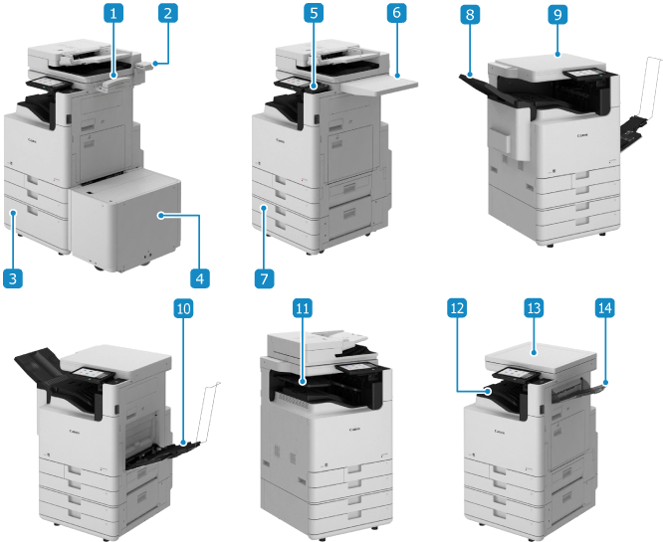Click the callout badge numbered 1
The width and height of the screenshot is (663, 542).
(x=113, y=13)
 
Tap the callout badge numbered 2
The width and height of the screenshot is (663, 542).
(x=168, y=13)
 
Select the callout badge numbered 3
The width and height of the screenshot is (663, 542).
(x=13, y=278)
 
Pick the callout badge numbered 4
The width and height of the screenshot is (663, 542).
(x=199, y=278)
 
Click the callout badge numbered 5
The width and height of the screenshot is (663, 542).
(x=314, y=13)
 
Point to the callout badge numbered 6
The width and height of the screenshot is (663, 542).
(x=396, y=13)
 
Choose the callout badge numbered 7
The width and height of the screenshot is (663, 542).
(x=264, y=278)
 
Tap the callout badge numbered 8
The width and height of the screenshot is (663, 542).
(x=470, y=15)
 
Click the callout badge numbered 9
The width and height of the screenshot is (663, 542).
(x=557, y=15)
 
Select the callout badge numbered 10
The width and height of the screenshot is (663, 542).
(x=183, y=309)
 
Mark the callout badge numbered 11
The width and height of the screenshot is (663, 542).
(x=303, y=309)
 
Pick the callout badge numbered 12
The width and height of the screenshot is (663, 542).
(x=457, y=309)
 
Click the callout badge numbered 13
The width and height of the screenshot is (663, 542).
(x=534, y=309)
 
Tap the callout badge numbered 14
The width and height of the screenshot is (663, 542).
(x=604, y=309)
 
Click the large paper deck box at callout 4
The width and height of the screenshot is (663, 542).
(x=126, y=220)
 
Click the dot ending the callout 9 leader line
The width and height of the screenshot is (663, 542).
(x=557, y=54)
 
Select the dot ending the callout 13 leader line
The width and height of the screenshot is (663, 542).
(x=534, y=351)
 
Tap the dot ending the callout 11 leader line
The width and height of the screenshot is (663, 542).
(x=303, y=382)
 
